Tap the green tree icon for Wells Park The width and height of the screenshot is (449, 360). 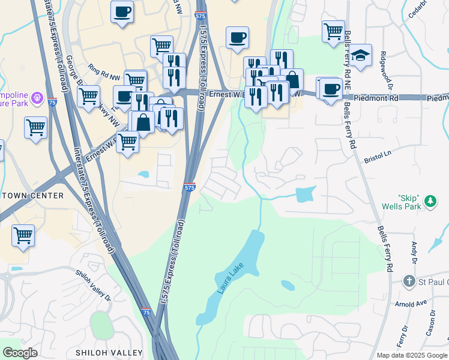point(430,202)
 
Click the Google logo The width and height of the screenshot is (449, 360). point(20,353)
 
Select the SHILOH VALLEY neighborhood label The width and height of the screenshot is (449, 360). point(109,352)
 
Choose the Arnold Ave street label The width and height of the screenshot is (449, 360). point(410,304)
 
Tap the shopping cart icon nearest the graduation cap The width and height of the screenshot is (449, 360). point(333,30)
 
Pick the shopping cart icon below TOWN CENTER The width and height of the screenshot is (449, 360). point(23,235)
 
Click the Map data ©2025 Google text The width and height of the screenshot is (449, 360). point(411,355)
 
